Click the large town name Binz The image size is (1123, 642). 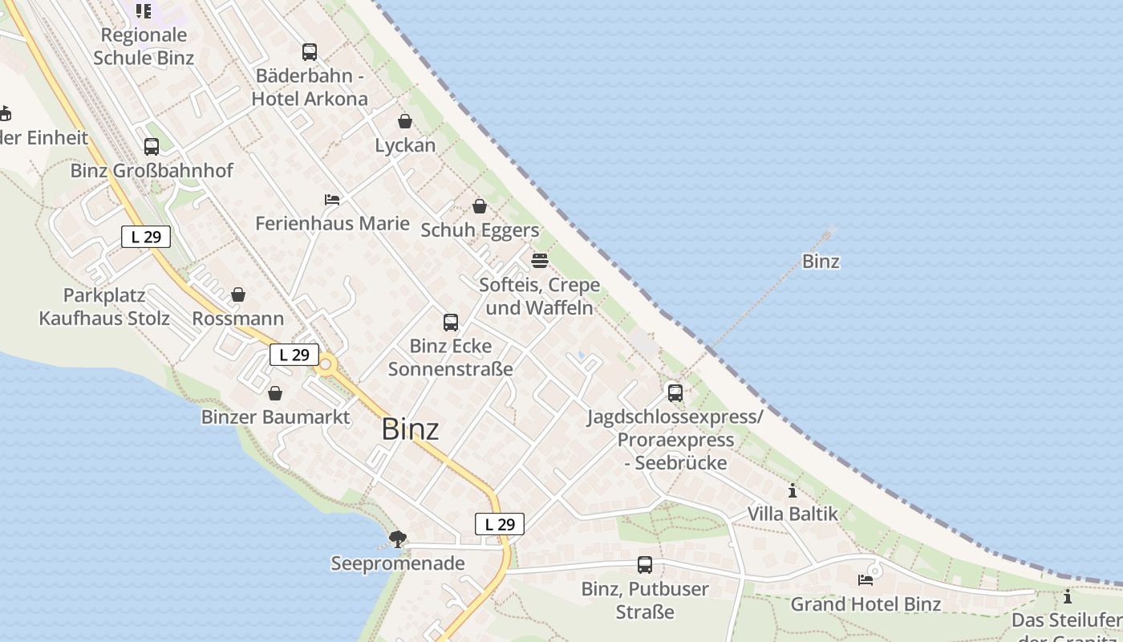pyautogui.click(x=410, y=429)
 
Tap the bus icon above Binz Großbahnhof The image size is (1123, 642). pyautogui.click(x=152, y=147)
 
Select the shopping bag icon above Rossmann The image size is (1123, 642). pyautogui.click(x=238, y=295)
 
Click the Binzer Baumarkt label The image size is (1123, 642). pyautogui.click(x=275, y=417)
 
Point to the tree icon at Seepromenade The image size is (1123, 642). pyautogui.click(x=397, y=539)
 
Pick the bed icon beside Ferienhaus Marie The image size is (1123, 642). pyautogui.click(x=332, y=199)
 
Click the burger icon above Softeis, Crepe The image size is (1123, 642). pyautogui.click(x=540, y=261)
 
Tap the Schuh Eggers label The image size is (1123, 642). pyautogui.click(x=480, y=230)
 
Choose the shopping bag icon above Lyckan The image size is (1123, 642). pyautogui.click(x=405, y=121)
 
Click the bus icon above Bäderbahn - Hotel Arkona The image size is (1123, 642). pyautogui.click(x=310, y=52)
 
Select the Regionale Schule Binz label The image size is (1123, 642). pyautogui.click(x=144, y=47)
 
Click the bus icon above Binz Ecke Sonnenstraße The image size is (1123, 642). pyautogui.click(x=451, y=323)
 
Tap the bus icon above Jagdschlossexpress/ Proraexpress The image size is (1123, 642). pyautogui.click(x=675, y=393)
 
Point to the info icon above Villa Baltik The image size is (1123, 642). pyautogui.click(x=793, y=490)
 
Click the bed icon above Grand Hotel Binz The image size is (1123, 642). pyautogui.click(x=866, y=579)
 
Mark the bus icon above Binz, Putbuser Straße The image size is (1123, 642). pyautogui.click(x=645, y=565)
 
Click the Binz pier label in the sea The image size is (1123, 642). pyautogui.click(x=821, y=262)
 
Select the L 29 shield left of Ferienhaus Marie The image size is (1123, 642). pyautogui.click(x=146, y=237)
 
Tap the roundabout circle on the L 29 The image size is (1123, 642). pyautogui.click(x=326, y=367)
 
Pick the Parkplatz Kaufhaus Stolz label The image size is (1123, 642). pyautogui.click(x=104, y=307)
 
